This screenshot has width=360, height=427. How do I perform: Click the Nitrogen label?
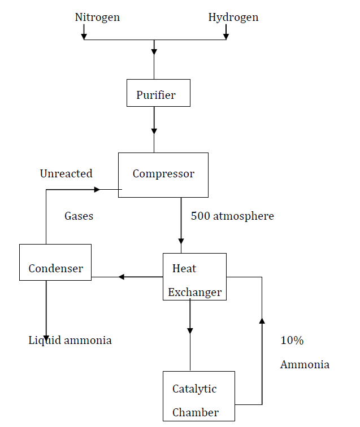tap(97, 18)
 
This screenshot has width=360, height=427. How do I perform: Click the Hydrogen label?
tap(233, 18)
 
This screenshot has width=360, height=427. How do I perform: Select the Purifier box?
tap(158, 93)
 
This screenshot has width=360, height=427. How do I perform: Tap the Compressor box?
tap(163, 175)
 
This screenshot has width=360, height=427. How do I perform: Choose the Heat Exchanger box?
tap(194, 277)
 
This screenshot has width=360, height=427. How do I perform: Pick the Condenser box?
tap(55, 263)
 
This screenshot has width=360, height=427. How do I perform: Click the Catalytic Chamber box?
tap(198, 396)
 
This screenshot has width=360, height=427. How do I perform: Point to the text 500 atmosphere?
tap(232, 216)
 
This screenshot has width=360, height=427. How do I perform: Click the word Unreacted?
tap(66, 173)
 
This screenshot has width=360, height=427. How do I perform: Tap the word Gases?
tap(79, 216)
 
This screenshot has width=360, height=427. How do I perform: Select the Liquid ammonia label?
tap(70, 340)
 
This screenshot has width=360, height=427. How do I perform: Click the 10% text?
tap(292, 341)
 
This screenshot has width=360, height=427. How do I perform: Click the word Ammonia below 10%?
tap(305, 365)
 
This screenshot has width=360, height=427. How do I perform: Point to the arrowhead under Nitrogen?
tap(84, 37)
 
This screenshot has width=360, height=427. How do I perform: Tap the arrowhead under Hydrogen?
tap(225, 37)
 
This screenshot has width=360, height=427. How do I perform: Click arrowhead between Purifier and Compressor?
tap(154, 130)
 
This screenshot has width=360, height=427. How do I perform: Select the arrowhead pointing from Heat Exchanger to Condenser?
tap(122, 277)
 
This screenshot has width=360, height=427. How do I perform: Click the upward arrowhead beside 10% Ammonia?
tap(262, 321)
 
